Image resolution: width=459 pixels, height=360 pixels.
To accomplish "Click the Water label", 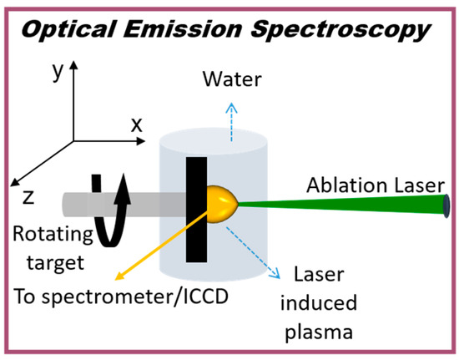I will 233,80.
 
